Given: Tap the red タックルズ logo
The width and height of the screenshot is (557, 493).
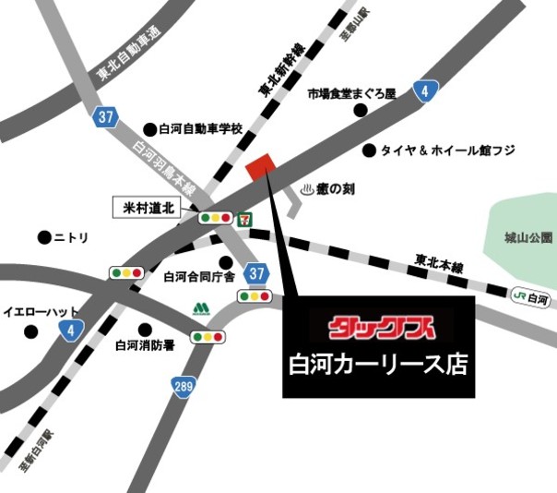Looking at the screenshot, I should pos(378,326).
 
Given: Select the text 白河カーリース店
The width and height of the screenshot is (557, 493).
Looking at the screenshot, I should pos(378,364).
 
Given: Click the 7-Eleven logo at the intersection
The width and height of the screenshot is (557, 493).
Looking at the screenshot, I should pos(244,218).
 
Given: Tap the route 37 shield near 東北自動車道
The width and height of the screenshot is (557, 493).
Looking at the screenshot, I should pos(106,116).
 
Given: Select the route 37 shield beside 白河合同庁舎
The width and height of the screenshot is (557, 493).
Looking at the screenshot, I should pos(256,273).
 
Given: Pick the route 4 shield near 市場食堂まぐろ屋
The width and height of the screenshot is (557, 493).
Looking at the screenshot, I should pos(423,90).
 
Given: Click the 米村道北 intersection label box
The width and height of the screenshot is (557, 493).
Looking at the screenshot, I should pos(150,208).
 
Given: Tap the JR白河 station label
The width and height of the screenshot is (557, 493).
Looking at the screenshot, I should pos(532,298).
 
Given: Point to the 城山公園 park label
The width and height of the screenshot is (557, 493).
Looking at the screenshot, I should pos(527,238).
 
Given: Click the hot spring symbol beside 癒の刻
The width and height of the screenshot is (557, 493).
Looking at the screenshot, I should pos(309,189).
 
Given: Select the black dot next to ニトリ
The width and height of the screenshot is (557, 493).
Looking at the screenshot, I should pos(43,237).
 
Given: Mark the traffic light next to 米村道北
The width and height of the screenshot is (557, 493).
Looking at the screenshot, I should pos(215,218).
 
